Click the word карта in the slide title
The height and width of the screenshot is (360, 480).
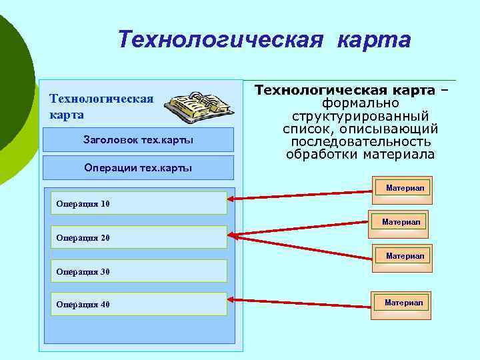[374, 40]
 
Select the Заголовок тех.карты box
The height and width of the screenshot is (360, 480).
[138, 140]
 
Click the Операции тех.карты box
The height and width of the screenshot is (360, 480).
[138, 168]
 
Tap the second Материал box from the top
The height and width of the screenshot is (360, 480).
[400, 221]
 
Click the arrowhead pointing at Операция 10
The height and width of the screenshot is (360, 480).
[233, 198]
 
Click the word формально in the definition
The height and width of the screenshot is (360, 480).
[360, 103]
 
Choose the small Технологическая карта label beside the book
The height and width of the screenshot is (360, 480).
[101, 107]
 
